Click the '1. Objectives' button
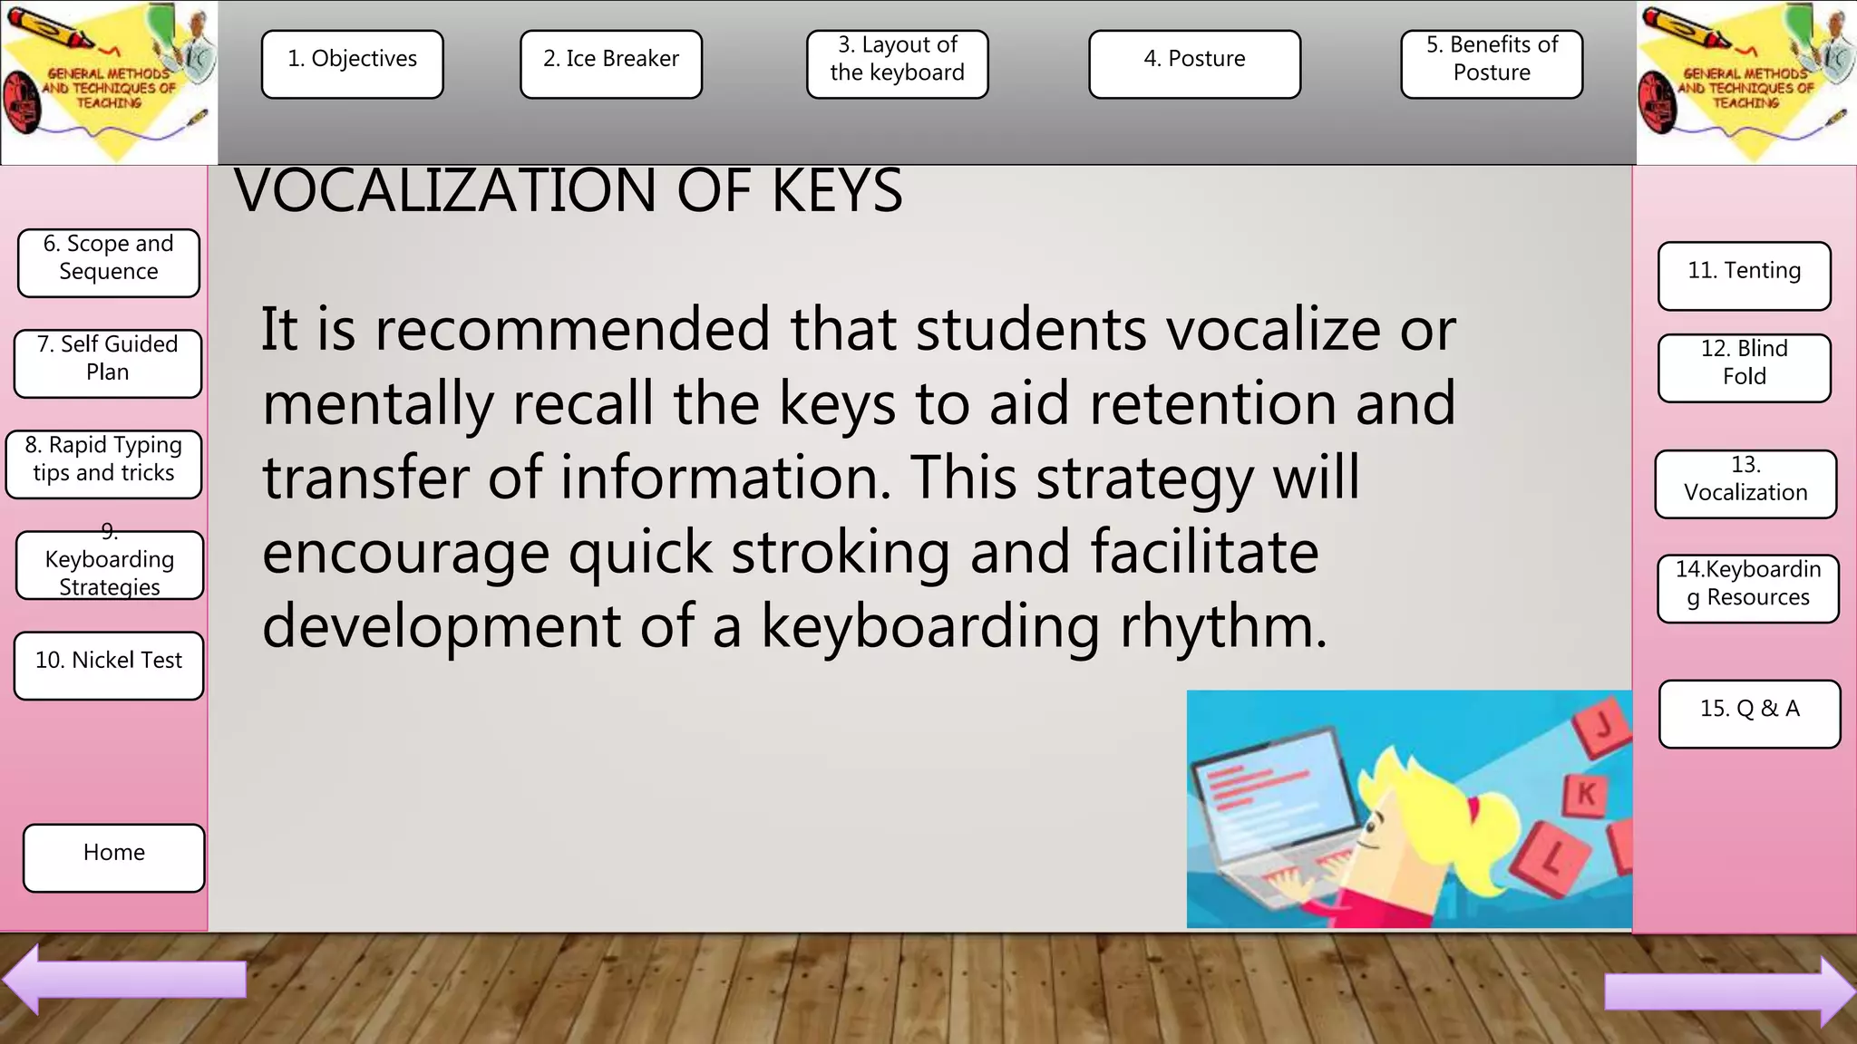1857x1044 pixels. [x=353, y=64]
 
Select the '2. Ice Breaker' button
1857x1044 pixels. [x=611, y=64]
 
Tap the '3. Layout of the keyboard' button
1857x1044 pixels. [x=898, y=64]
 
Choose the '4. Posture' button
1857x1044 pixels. [x=1194, y=64]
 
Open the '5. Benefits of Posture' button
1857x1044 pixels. [x=1492, y=64]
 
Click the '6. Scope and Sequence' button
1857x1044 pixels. [x=109, y=263]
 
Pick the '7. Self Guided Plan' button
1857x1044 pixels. [x=108, y=363]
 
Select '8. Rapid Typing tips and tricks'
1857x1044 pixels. [x=104, y=464]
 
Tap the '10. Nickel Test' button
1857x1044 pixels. [x=109, y=665]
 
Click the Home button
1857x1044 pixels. [x=114, y=857]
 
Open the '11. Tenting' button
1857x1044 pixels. [x=1744, y=275]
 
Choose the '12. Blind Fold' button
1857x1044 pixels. [x=1744, y=368]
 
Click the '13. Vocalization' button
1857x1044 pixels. [x=1745, y=484]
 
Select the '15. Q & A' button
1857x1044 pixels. [x=1749, y=713]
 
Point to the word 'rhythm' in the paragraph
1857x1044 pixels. [x=1223, y=626]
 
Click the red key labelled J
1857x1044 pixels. [x=1603, y=727]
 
